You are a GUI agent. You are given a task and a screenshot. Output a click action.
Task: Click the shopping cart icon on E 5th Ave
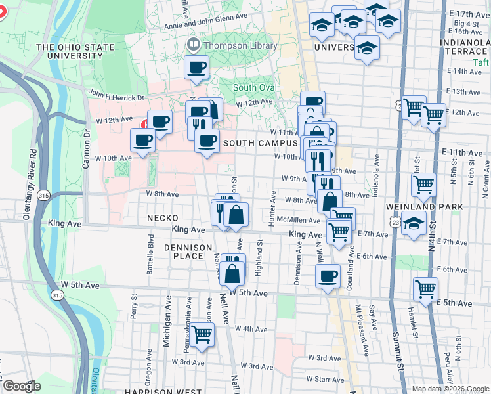coord(426,288)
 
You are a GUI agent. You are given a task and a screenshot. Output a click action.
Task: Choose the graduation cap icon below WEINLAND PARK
coord(414,223)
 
